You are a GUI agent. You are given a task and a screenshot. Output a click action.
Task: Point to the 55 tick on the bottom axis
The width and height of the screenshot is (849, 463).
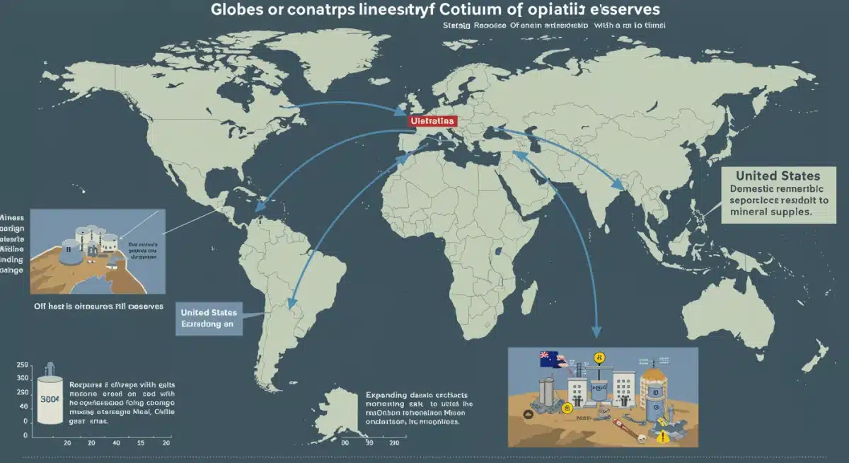141,442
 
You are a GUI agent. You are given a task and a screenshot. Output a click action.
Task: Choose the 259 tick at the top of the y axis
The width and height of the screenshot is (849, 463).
21,365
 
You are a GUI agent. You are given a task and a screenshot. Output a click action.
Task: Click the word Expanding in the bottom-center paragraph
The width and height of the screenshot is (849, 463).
387,396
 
